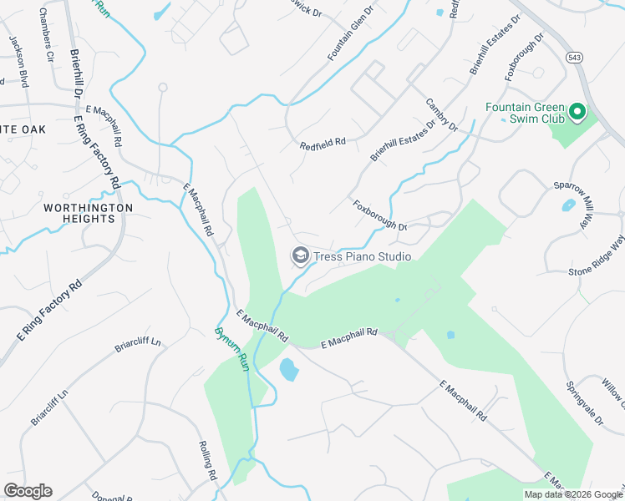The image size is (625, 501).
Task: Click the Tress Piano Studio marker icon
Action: [x=300, y=256]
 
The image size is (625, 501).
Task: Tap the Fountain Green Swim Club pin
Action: [x=577, y=111]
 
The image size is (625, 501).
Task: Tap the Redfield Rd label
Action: [x=323, y=144]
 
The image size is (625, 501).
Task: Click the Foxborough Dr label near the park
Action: [x=379, y=215]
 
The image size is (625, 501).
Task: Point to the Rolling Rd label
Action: [x=208, y=461]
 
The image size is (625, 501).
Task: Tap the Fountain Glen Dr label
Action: [x=348, y=36]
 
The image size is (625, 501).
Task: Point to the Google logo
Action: [x=28, y=491]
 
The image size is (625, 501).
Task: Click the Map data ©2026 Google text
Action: [x=573, y=494]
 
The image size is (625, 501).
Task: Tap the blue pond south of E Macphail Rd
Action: [x=287, y=369]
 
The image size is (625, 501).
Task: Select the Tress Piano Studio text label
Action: [x=362, y=256]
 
